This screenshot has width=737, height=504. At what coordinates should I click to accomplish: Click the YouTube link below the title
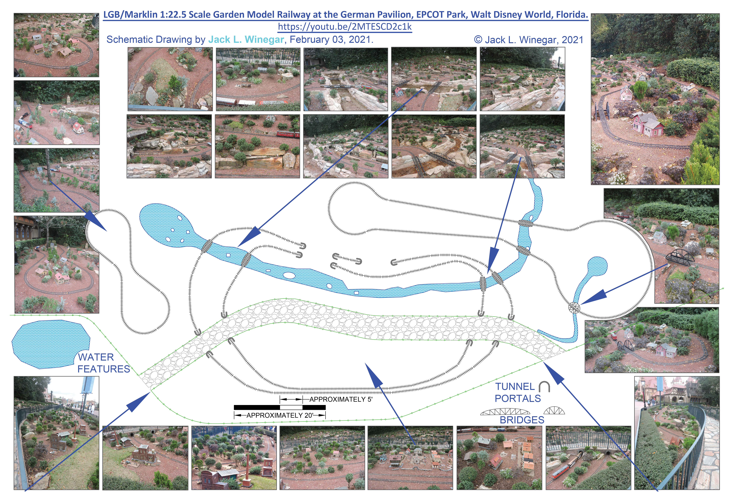click(345, 27)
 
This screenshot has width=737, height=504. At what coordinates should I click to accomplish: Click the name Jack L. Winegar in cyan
click(246, 40)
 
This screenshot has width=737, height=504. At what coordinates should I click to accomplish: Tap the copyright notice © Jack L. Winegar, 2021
click(528, 40)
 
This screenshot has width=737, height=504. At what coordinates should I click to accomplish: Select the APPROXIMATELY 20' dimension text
click(280, 415)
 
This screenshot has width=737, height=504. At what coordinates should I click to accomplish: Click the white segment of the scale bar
click(291, 407)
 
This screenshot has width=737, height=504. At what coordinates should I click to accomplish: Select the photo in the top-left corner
click(57, 45)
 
